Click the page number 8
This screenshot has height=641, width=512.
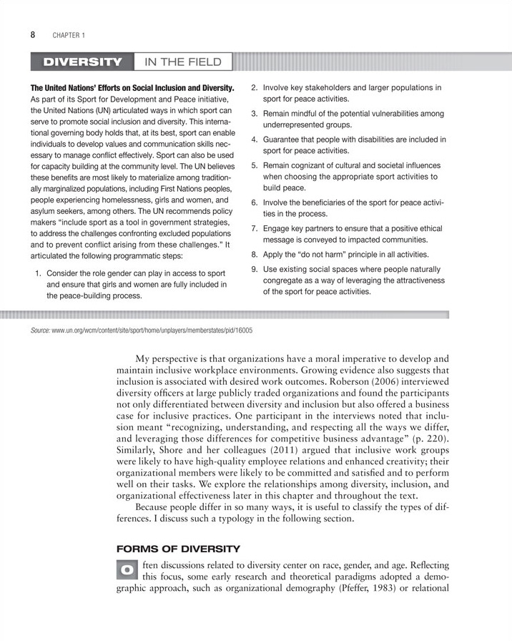pyautogui.click(x=34, y=34)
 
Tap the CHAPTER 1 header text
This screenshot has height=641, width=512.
pyautogui.click(x=69, y=34)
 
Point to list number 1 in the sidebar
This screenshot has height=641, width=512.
pyautogui.click(x=39, y=273)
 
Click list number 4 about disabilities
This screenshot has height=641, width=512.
pyautogui.click(x=254, y=140)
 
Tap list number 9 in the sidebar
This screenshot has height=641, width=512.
pyautogui.click(x=254, y=269)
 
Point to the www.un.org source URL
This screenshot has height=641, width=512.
pyautogui.click(x=152, y=331)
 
